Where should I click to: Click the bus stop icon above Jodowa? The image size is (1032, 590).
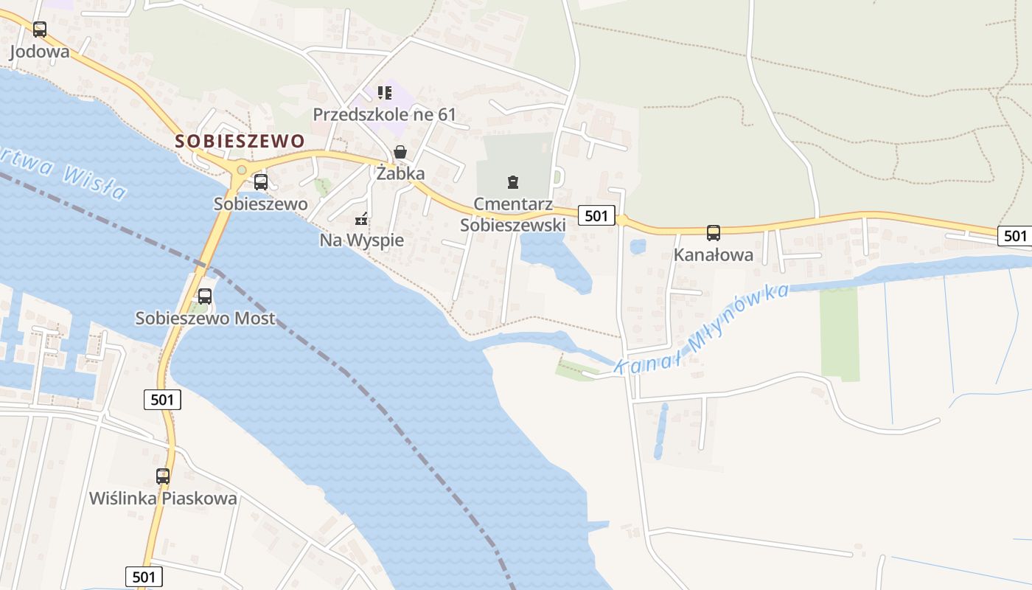40,29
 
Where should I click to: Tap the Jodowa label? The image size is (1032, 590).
40,52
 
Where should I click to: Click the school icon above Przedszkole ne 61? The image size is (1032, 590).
384,93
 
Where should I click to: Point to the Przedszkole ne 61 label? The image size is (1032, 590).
384,114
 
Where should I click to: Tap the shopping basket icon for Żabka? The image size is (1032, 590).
400,153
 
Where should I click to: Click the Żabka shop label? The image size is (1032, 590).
400,173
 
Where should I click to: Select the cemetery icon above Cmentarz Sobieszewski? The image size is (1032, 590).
512,181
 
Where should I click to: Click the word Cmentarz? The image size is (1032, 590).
513,204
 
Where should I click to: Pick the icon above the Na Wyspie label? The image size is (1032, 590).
361,218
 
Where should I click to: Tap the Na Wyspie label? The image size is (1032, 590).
361,240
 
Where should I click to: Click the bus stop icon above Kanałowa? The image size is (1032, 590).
713,233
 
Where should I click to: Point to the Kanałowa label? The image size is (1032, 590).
713,255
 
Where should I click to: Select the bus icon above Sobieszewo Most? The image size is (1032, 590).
205,296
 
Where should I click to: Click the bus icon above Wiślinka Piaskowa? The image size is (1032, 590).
163,476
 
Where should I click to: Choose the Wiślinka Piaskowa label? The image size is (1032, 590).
163,498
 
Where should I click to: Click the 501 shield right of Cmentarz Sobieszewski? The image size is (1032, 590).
596,215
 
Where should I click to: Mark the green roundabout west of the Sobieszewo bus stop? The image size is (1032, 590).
240,170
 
